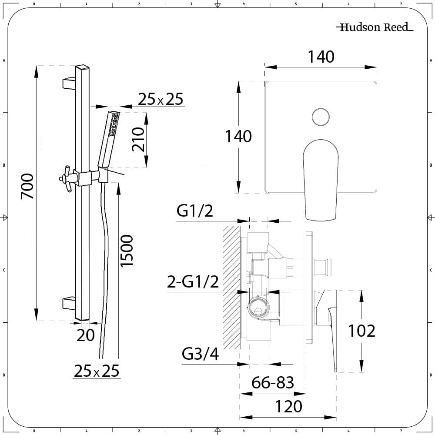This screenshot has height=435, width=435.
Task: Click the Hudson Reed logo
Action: (374, 27)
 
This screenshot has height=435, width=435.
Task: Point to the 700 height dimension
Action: (27, 186)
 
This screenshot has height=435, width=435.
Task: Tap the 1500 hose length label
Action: (126, 251)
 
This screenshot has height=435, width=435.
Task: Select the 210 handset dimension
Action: (138, 139)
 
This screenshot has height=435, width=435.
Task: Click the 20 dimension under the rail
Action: (86, 335)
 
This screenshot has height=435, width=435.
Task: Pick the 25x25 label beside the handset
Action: (161, 100)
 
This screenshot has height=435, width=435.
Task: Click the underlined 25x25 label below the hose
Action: (96, 371)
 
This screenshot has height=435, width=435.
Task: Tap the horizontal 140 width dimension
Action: (321, 57)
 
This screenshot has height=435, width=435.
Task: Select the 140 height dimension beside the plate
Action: (238, 136)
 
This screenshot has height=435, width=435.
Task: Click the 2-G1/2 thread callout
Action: (193, 282)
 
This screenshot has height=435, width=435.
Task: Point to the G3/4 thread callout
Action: (200, 355)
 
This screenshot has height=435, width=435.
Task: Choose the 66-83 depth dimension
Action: (273, 383)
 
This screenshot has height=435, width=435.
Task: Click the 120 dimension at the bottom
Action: (288, 407)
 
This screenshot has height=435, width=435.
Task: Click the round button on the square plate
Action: (321, 117)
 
